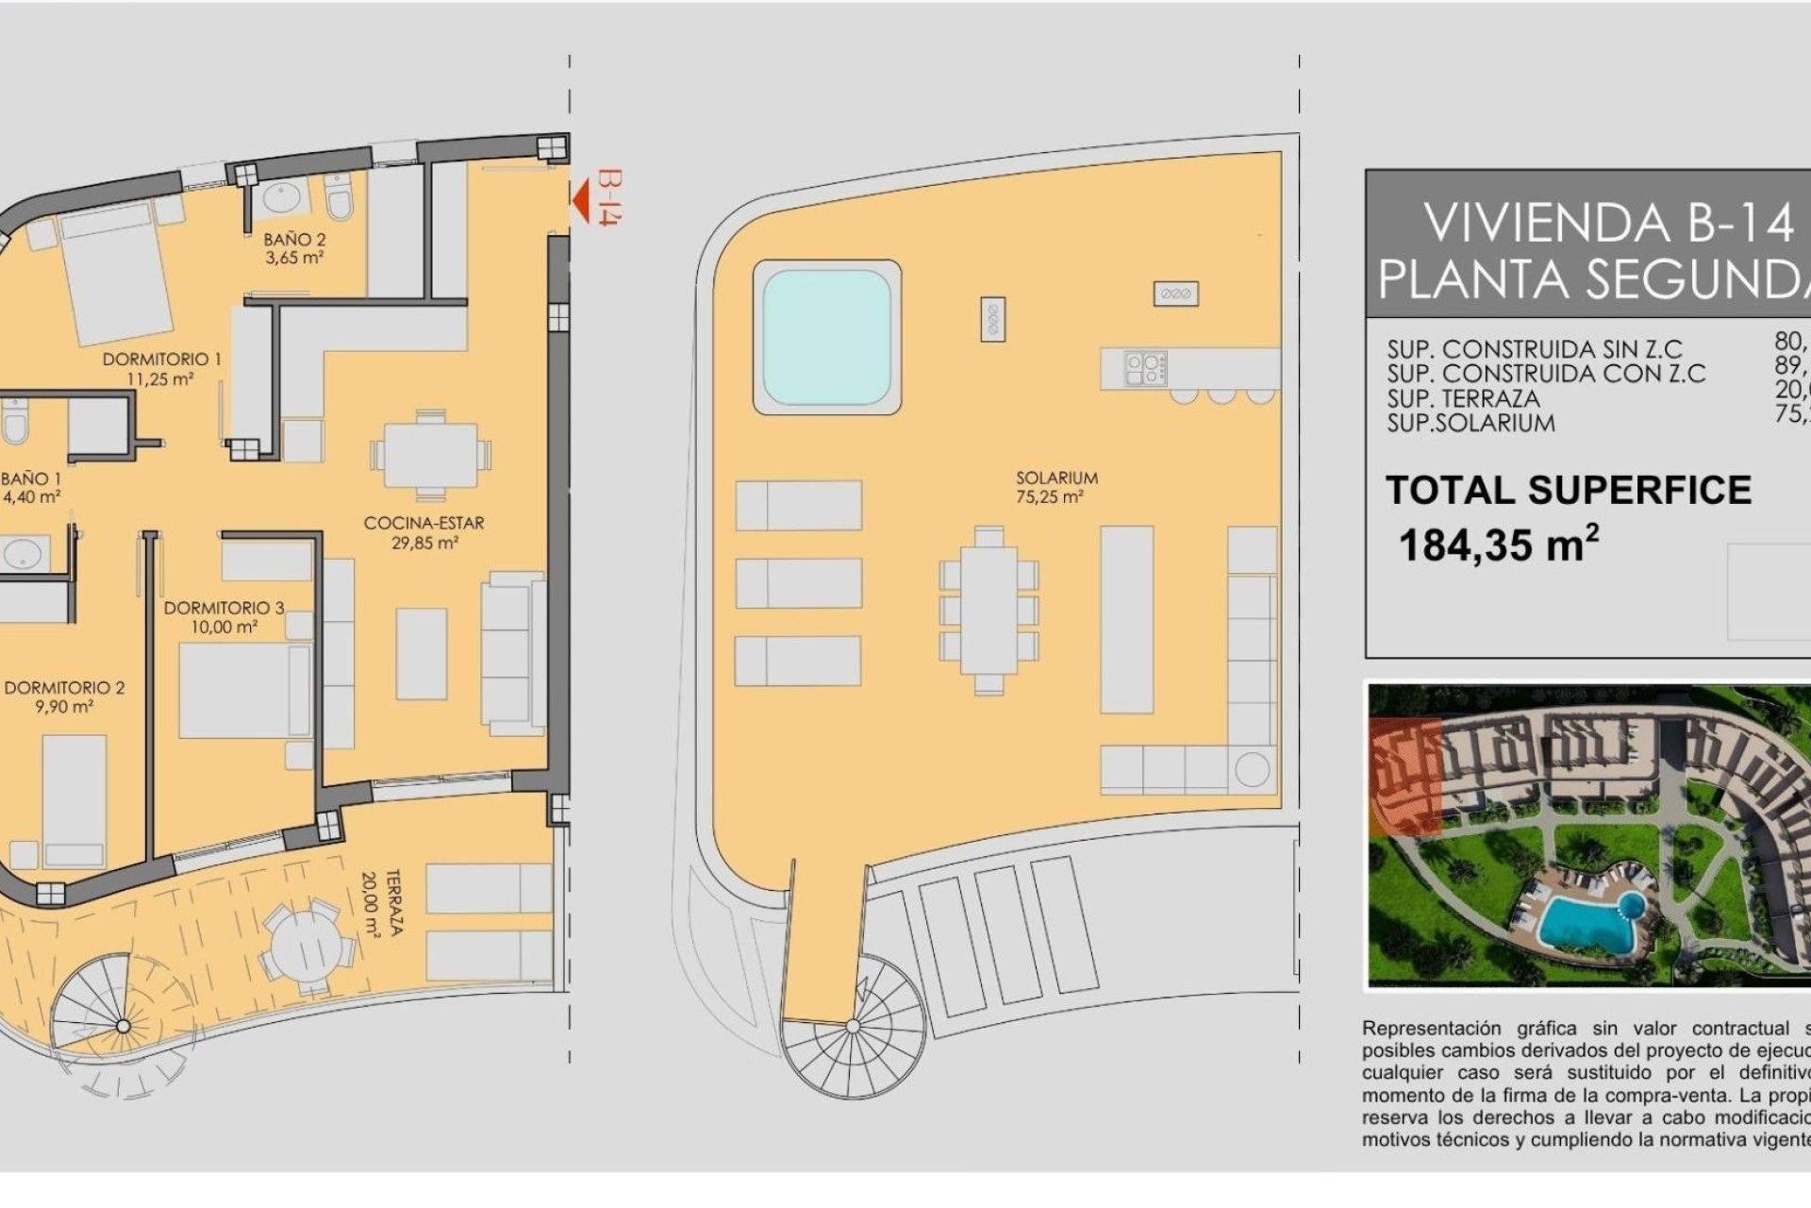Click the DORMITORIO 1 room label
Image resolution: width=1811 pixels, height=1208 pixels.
coord(161,368)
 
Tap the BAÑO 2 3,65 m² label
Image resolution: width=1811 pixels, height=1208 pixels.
coord(294,248)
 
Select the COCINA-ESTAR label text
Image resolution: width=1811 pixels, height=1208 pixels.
coord(424,523)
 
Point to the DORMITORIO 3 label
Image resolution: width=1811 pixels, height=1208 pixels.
coord(224,616)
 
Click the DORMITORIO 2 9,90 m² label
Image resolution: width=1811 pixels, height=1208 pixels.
coord(63,696)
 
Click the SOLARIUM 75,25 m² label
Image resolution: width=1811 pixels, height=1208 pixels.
coord(1056,487)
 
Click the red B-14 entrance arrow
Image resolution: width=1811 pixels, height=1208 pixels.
coord(582,199)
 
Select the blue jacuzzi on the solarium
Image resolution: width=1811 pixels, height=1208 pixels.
coord(826,337)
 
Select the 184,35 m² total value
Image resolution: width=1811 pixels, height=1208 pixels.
coord(1497,545)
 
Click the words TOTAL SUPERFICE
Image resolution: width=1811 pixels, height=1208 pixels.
coord(1568,490)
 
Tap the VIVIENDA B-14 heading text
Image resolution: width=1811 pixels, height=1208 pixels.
coord(1607,223)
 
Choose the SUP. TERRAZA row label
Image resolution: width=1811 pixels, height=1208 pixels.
coord(1463,398)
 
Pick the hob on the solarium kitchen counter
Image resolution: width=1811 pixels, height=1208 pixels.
coord(1145,368)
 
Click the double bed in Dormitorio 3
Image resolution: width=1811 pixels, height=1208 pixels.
coord(245,691)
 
